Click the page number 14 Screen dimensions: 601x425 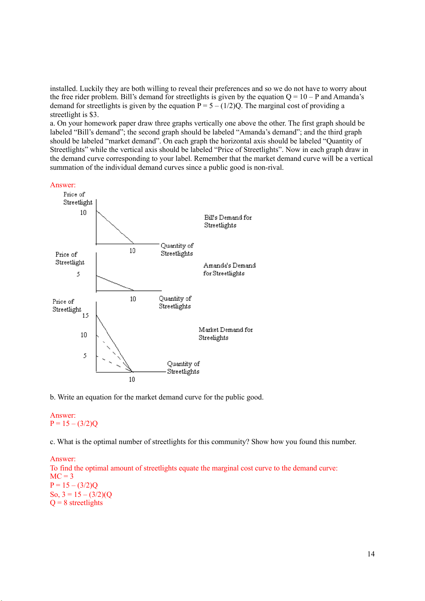coord(371,554)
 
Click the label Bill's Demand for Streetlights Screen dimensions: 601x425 coord(228,221)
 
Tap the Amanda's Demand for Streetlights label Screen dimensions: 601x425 coord(229,269)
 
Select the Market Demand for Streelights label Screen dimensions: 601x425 coord(225,333)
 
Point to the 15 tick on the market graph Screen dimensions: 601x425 coord(85,316)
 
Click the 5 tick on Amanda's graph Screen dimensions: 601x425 coord(78,274)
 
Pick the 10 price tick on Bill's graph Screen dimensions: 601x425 coord(83,213)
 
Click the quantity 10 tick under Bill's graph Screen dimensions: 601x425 coord(132,251)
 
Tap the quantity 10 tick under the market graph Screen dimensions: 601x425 coord(132,380)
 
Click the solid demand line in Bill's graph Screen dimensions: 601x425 coord(115,227)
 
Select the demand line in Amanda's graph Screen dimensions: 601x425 coord(115,283)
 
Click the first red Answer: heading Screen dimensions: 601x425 coord(63,185)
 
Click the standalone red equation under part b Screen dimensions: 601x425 coord(74,424)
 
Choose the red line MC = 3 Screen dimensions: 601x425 coord(62,477)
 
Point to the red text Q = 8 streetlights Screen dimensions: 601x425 coord(76,503)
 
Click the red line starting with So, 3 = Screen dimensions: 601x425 coord(81,494)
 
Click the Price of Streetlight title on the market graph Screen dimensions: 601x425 coord(67,305)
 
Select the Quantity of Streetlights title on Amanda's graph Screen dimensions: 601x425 coord(175,302)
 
